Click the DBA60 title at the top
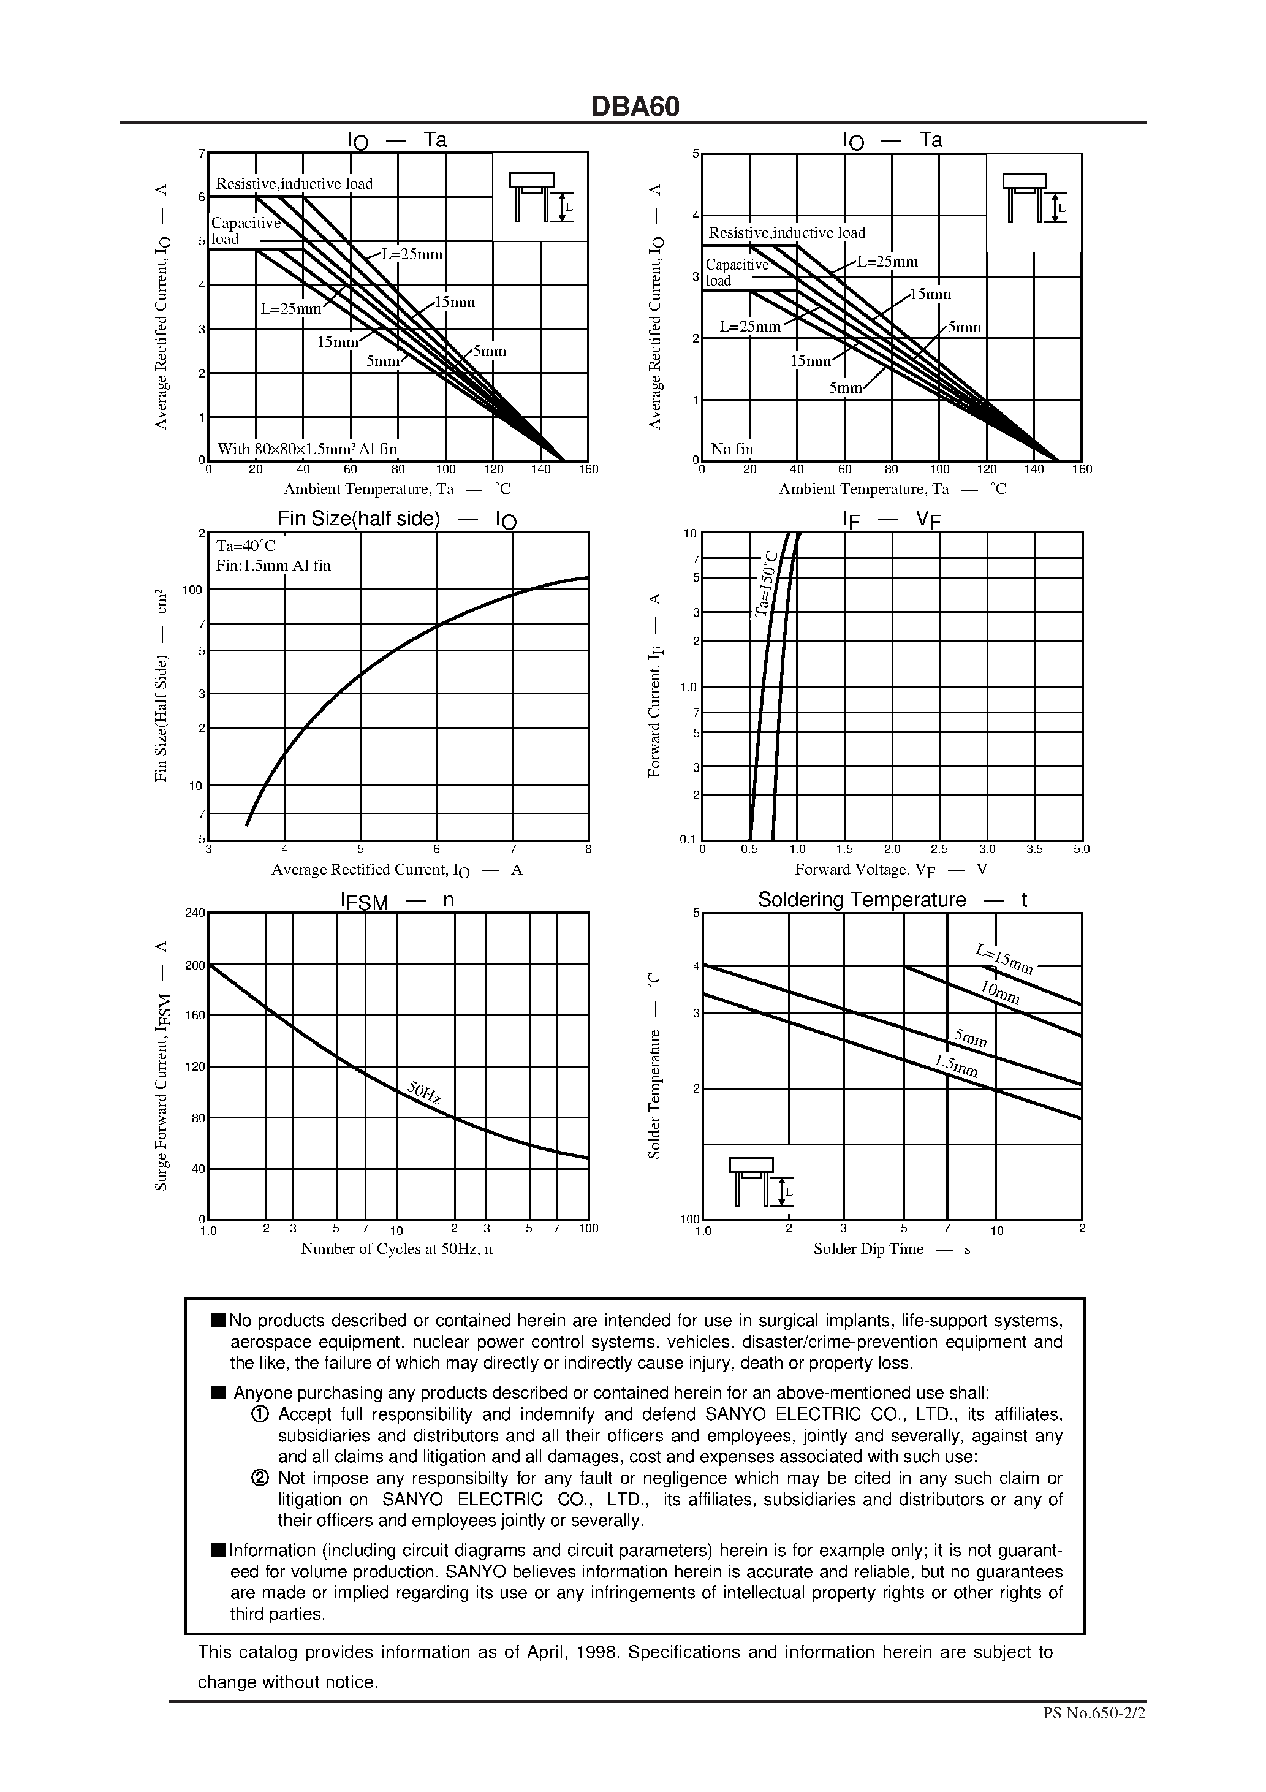[x=635, y=107]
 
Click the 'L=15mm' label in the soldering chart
[x=1004, y=959]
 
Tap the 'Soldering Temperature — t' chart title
[x=892, y=900]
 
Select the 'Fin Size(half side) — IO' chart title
[x=396, y=520]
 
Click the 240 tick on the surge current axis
[x=195, y=913]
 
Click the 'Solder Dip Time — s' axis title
[x=892, y=1249]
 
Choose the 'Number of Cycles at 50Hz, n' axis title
[x=396, y=1249]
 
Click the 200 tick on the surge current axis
[x=195, y=965]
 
